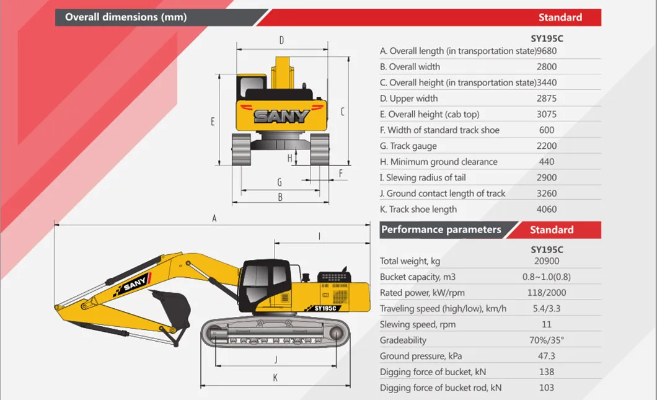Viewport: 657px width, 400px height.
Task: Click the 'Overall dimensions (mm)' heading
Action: tap(126, 17)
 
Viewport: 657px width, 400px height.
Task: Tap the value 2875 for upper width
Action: tap(547, 99)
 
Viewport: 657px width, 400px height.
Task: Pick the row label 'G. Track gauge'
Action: tap(408, 146)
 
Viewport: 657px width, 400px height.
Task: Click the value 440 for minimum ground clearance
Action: tap(547, 162)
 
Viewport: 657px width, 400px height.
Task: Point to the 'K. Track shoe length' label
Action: tap(418, 210)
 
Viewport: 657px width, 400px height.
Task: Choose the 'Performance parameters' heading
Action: tap(441, 229)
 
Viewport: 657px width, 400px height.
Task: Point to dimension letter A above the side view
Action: tap(214, 218)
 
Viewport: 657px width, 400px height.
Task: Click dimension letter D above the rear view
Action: tap(281, 41)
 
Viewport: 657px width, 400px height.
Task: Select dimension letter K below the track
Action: tap(275, 378)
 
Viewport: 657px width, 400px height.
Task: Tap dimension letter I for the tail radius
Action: tap(319, 236)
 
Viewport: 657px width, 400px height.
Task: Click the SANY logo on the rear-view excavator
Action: tap(281, 116)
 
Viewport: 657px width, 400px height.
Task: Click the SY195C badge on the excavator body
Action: tap(325, 307)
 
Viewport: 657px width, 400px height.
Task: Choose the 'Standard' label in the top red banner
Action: tap(560, 17)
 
